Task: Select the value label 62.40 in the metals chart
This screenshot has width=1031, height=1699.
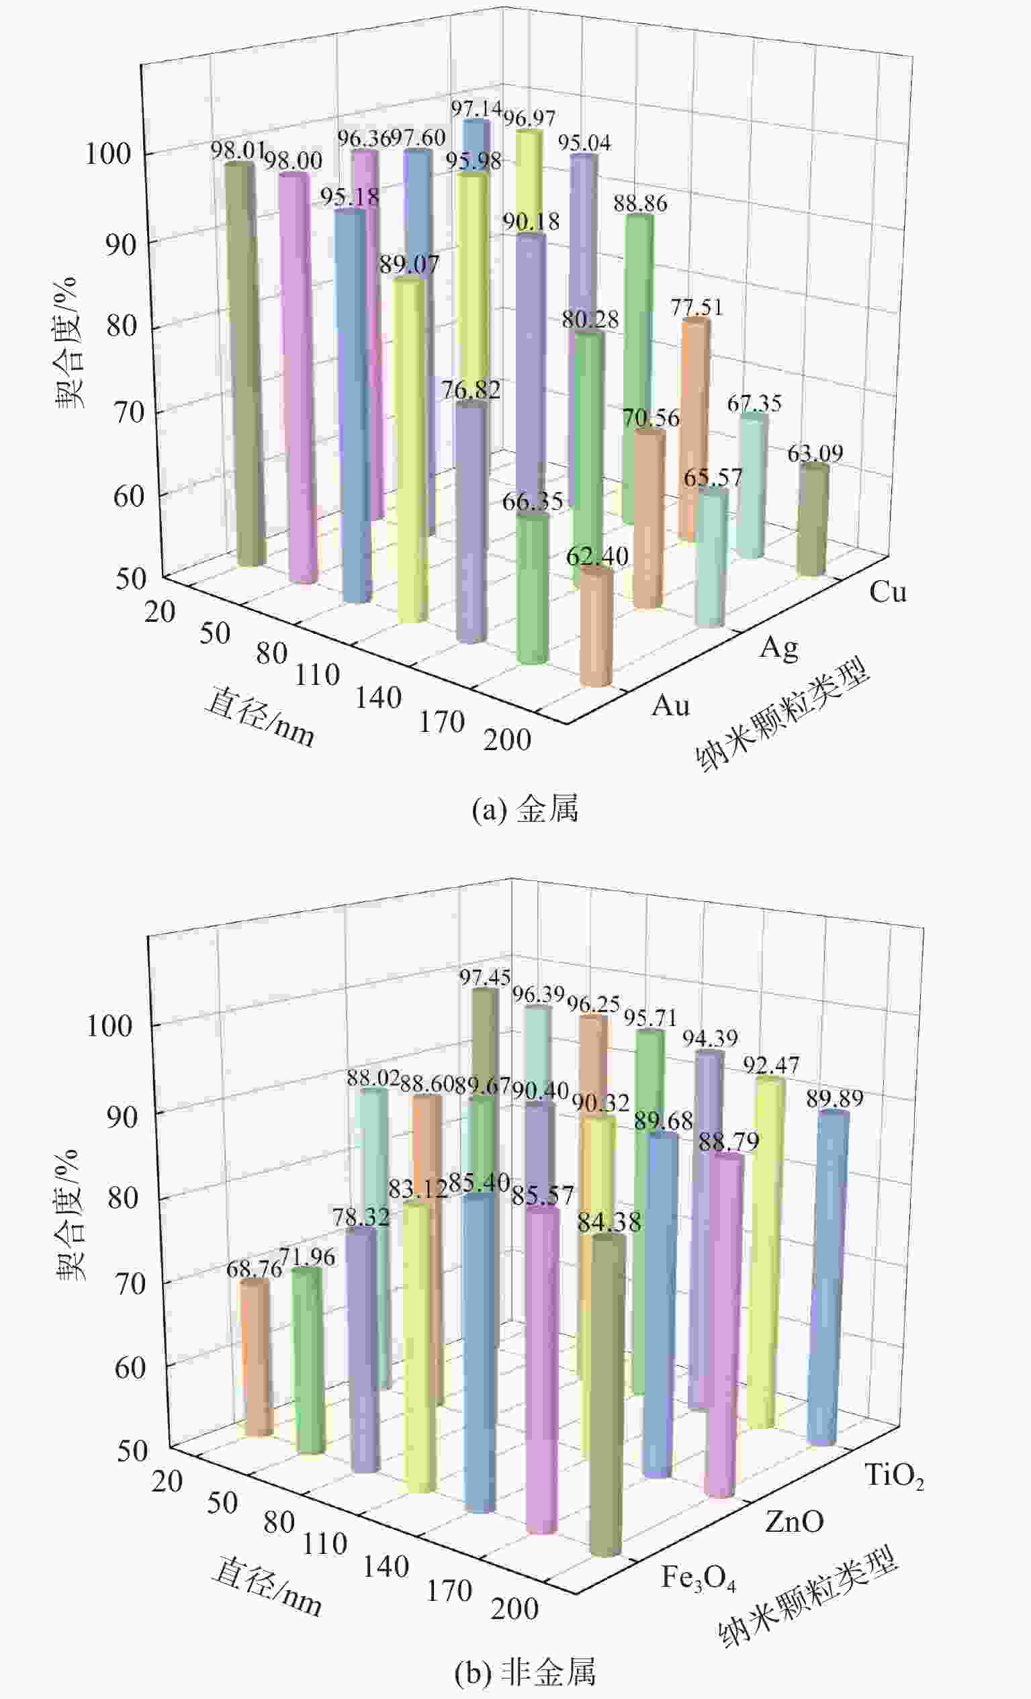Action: tap(597, 556)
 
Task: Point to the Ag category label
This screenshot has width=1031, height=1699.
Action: tap(779, 648)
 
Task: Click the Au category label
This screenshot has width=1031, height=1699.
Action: tap(670, 706)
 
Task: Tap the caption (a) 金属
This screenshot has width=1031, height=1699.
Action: tap(525, 809)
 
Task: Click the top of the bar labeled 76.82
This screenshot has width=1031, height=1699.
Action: tap(471, 408)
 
